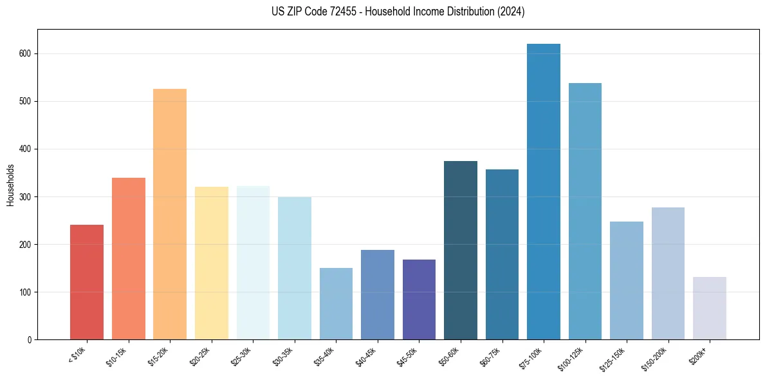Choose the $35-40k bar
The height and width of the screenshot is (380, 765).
(x=336, y=303)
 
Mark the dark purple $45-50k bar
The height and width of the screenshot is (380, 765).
(x=419, y=299)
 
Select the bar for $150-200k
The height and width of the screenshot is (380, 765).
(x=668, y=273)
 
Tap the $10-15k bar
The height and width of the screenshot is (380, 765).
(x=129, y=258)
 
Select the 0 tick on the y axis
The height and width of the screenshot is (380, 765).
(x=30, y=340)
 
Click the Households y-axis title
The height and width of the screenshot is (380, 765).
(x=10, y=184)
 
